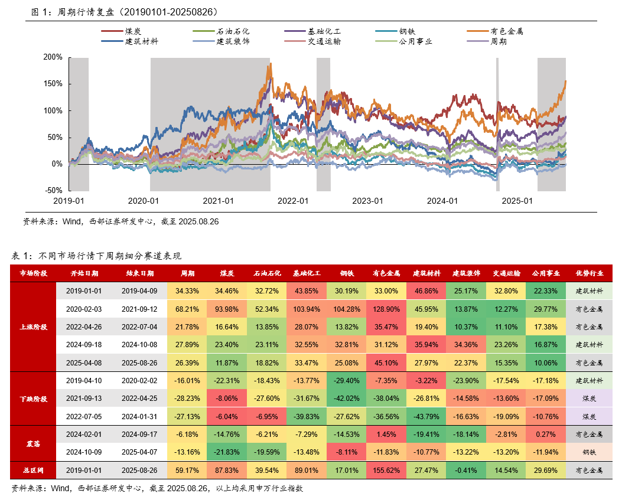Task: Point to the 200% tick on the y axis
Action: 53,57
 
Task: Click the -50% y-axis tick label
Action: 53,191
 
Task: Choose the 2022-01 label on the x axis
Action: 293,201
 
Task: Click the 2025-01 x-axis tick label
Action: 517,201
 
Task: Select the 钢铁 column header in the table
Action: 347,273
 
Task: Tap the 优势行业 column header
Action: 589,273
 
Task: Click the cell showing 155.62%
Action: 386,471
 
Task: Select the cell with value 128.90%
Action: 386,309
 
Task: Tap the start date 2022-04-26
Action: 84,326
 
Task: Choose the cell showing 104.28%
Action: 347,309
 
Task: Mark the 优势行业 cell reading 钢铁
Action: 589,453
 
